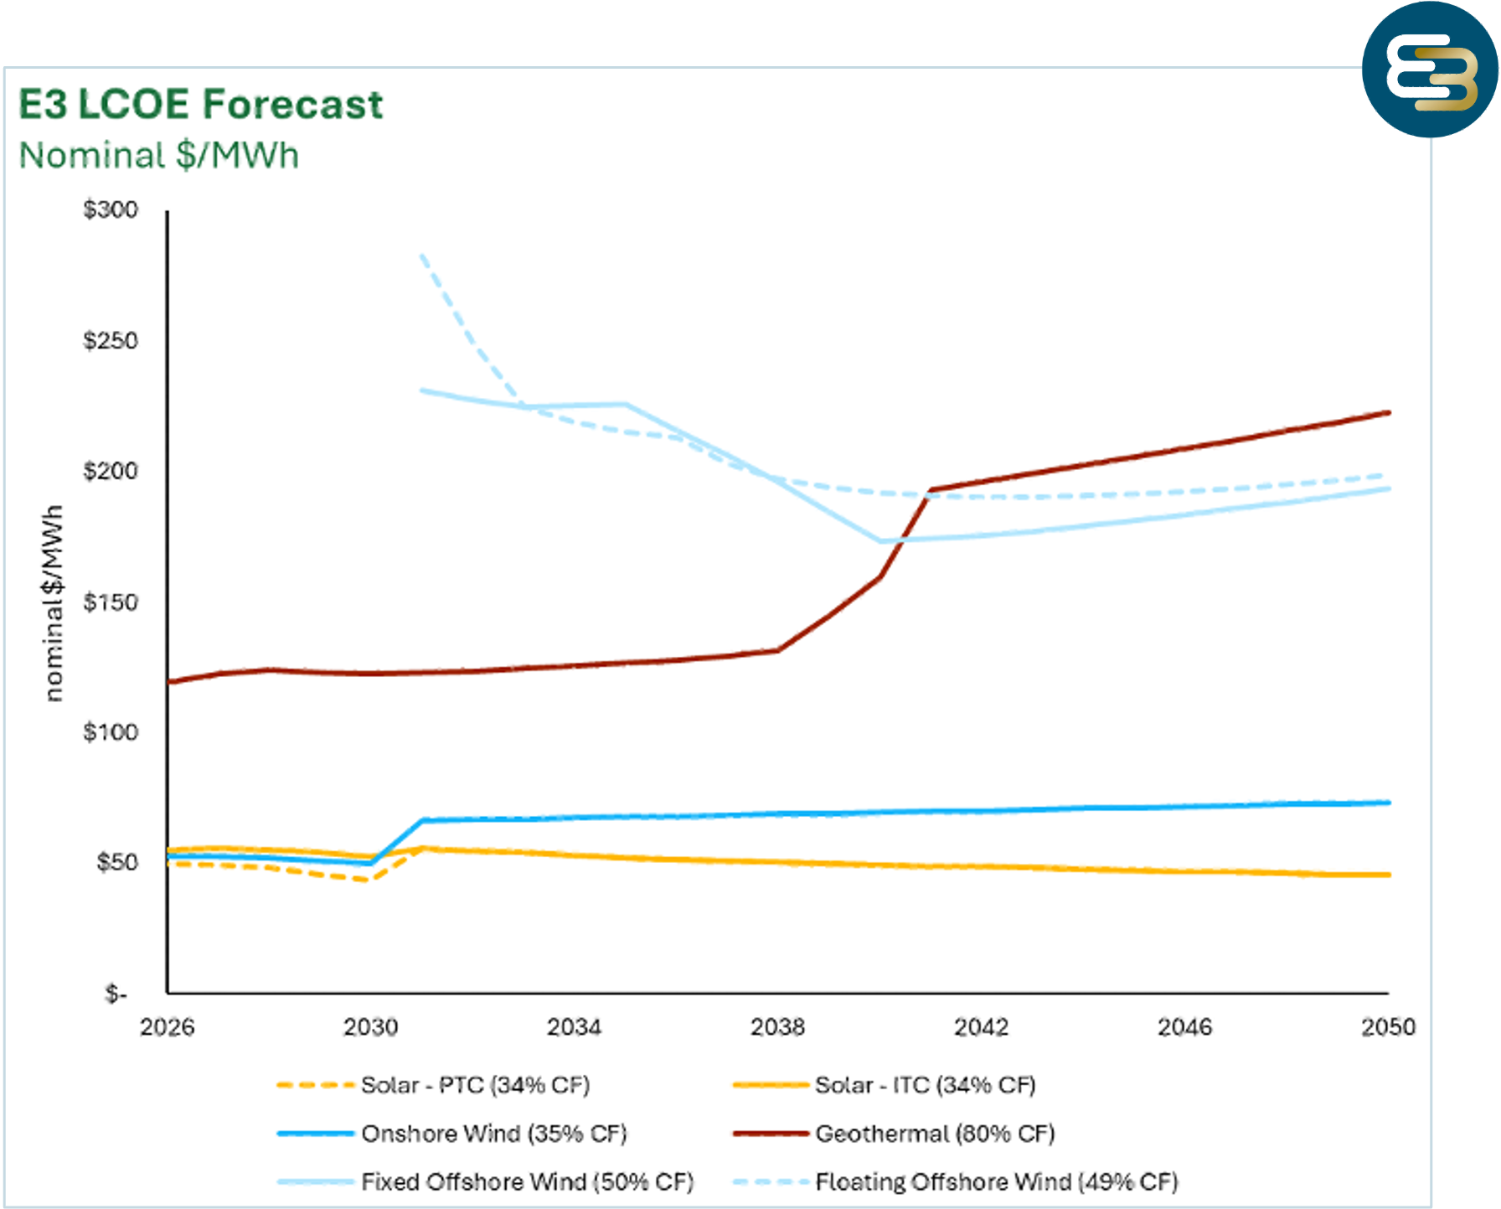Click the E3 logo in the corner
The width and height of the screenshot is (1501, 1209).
tap(1430, 70)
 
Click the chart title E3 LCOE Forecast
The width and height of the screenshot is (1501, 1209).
tap(201, 105)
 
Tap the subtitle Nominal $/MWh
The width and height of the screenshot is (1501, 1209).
tap(159, 156)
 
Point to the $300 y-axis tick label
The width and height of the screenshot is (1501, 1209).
tap(111, 209)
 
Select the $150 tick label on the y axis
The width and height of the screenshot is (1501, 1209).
tap(111, 602)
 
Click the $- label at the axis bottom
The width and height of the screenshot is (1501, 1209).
tap(116, 994)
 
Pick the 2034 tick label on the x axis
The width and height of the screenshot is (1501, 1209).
tap(575, 1027)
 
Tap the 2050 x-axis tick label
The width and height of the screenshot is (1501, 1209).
tap(1388, 1027)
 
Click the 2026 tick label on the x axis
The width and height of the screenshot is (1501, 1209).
tap(168, 1027)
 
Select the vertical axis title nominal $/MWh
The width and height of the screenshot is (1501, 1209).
tap(53, 603)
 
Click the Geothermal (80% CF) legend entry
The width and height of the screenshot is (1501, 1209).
tap(894, 1134)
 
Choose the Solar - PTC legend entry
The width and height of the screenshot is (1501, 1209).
tap(434, 1085)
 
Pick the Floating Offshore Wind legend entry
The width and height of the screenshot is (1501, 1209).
tap(956, 1182)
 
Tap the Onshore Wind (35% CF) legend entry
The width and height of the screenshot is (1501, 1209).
tap(452, 1134)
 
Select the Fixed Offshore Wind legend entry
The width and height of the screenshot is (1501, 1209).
tap(486, 1182)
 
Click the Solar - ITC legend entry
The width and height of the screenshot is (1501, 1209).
tap(885, 1085)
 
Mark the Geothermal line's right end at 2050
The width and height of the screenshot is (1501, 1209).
tap(1389, 412)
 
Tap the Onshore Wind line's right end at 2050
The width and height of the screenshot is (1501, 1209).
tap(1389, 803)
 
